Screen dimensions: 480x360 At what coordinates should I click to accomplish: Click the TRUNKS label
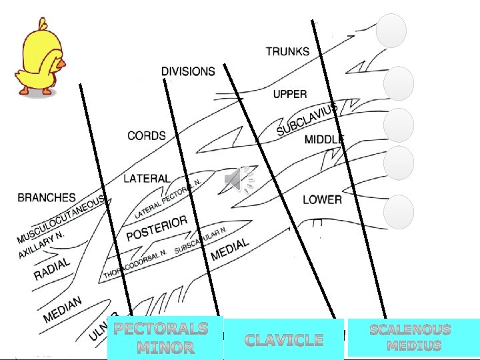click(x=287, y=51)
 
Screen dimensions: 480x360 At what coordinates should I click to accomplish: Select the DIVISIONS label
click(x=188, y=71)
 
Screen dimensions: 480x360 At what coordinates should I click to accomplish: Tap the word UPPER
click(x=290, y=94)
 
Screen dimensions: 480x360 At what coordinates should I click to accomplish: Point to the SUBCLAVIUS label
click(x=307, y=119)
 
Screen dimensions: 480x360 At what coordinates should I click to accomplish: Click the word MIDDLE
click(x=324, y=139)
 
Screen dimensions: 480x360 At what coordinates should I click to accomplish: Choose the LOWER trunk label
click(x=322, y=199)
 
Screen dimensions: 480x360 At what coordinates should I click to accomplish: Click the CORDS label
click(x=147, y=135)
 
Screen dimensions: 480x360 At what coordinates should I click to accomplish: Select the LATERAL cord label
click(x=147, y=179)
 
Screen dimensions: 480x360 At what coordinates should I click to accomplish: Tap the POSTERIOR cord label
click(x=157, y=228)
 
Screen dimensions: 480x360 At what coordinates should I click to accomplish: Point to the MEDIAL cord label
click(x=229, y=249)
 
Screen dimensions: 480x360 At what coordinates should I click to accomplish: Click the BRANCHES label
click(x=47, y=197)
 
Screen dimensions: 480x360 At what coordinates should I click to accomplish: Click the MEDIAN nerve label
click(x=63, y=311)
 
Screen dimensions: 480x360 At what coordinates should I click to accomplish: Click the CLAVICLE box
click(x=284, y=340)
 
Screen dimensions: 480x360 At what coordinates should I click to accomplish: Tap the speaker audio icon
click(x=239, y=180)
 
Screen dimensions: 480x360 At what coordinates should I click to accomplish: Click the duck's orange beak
click(x=61, y=65)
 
